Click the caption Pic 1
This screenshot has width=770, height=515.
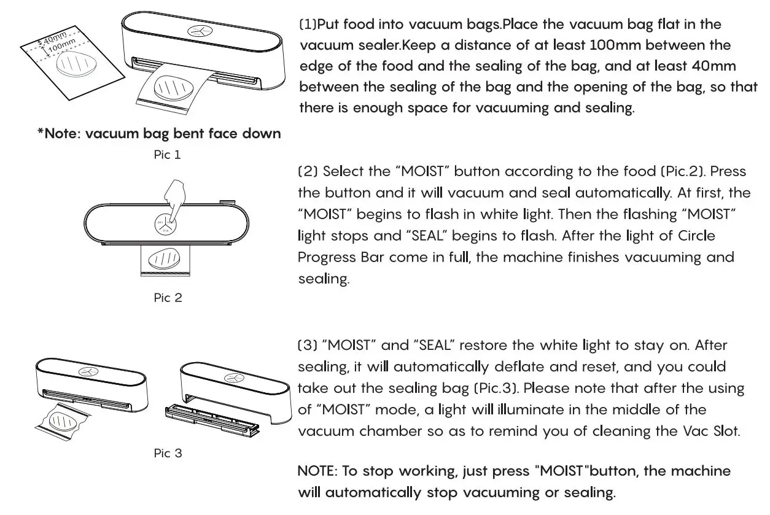click(x=167, y=155)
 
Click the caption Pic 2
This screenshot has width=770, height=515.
click(x=168, y=298)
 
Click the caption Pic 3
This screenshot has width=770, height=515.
click(x=168, y=454)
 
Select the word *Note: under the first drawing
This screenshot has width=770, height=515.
click(x=59, y=133)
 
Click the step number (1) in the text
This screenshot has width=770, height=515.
click(x=308, y=25)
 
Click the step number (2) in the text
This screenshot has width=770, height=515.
click(x=308, y=171)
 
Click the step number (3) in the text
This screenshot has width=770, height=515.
click(x=308, y=346)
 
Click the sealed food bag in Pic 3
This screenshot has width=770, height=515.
click(x=61, y=420)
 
